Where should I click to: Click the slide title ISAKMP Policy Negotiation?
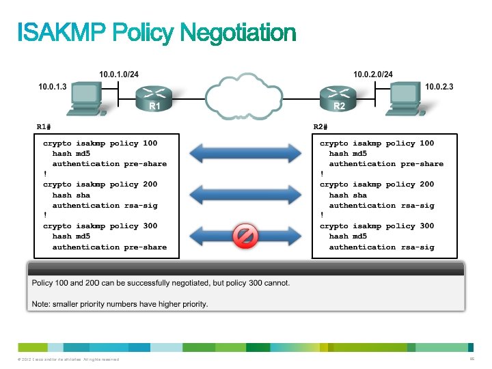point(156,33)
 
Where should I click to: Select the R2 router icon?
point(339,98)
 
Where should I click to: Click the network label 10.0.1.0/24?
point(120,73)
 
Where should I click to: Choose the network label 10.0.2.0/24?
point(373,73)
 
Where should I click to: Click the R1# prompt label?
point(44,127)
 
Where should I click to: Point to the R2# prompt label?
point(320,127)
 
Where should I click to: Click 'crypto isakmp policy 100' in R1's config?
point(100,143)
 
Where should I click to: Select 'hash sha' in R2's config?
point(347,195)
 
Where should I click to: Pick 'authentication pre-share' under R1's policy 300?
point(109,247)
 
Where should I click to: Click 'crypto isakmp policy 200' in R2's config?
point(377,184)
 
